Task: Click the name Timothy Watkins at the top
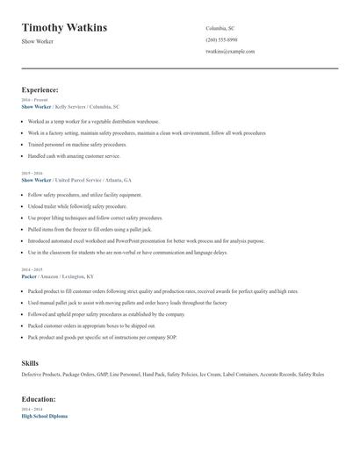pyautogui.click(x=64, y=27)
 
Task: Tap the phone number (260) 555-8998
pyautogui.click(x=221, y=39)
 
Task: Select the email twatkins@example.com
pyautogui.click(x=230, y=51)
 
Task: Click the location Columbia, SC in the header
pyautogui.click(x=220, y=28)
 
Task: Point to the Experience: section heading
pyautogui.click(x=40, y=89)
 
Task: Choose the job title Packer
pyautogui.click(x=29, y=276)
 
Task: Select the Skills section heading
pyautogui.click(x=30, y=361)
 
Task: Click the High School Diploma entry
pyautogui.click(x=44, y=416)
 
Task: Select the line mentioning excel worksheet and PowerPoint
pyautogui.click(x=146, y=240)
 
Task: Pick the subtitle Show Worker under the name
pyautogui.click(x=38, y=41)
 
